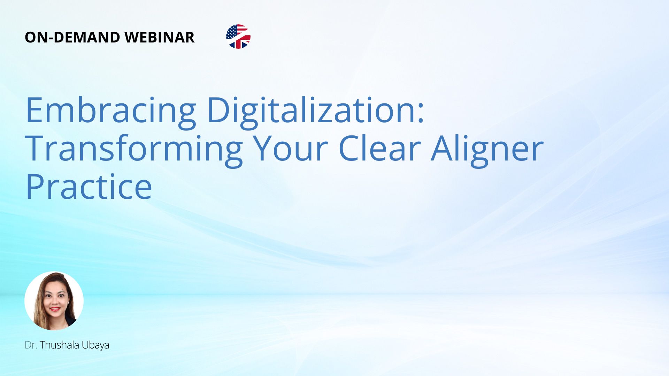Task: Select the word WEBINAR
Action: pyautogui.click(x=160, y=37)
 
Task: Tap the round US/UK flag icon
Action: pyautogui.click(x=238, y=37)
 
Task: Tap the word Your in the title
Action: pyautogui.click(x=290, y=149)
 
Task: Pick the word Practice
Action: pyautogui.click(x=89, y=187)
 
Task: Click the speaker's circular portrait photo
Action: pyautogui.click(x=54, y=301)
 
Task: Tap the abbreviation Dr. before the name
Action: pyautogui.click(x=31, y=345)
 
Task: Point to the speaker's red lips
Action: pyautogui.click(x=55, y=309)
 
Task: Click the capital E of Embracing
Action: pyautogui.click(x=34, y=110)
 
